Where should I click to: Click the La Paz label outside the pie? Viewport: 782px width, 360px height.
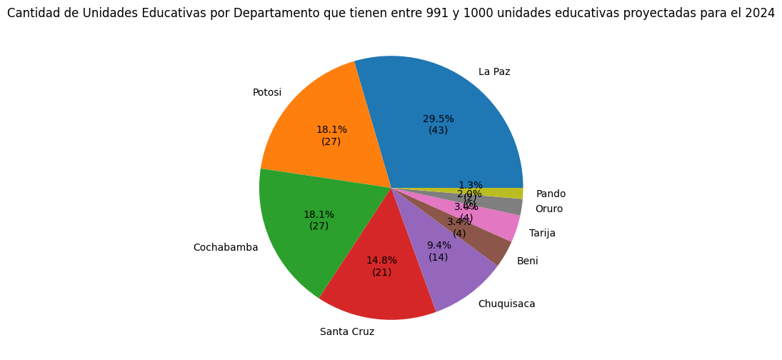pos(494,71)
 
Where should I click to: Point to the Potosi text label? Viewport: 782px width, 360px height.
pos(267,93)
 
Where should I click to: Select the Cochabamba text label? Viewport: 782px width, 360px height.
pos(226,248)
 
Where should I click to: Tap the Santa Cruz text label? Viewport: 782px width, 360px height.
pos(347,331)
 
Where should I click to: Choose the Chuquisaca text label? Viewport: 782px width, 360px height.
pos(506,304)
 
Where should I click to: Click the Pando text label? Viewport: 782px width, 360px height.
pos(551,194)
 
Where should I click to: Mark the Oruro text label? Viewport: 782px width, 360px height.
pos(548,209)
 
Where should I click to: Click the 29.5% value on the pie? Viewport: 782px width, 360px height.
pos(438,119)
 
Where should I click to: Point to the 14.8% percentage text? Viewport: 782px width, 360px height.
pos(381,261)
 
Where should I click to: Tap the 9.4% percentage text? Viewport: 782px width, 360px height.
pos(438,245)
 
